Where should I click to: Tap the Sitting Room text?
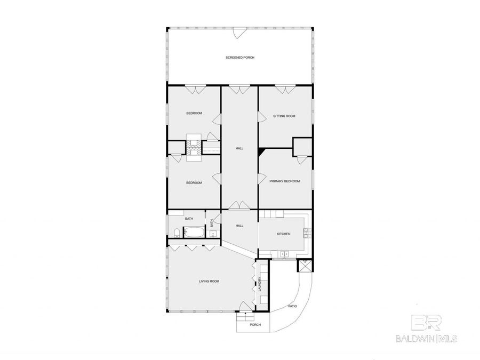coord(284,116)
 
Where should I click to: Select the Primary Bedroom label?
coord(284,181)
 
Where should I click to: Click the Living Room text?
coord(209,281)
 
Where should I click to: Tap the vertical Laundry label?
coord(260,285)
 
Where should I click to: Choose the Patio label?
coord(292,306)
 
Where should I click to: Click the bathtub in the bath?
coord(193,233)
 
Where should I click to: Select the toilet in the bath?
coord(175,232)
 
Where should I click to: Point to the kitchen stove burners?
coord(306,233)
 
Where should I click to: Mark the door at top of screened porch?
coord(238,34)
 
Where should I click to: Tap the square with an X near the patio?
coord(305,266)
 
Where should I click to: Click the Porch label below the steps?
coord(255,325)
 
